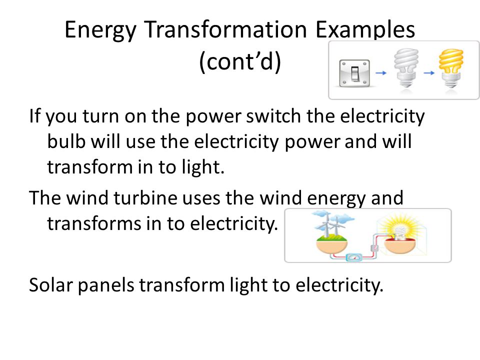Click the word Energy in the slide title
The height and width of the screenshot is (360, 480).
point(100,30)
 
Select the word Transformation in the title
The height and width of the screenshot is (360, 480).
point(225,29)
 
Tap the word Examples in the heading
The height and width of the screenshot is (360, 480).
point(365,30)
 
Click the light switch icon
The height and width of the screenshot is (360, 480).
point(354,73)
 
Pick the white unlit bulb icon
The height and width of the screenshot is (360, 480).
point(406,68)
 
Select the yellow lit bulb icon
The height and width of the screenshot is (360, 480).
point(451,68)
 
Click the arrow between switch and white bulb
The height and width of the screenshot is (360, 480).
point(381,73)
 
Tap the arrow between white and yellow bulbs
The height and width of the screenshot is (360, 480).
point(429,73)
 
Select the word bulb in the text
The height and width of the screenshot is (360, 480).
point(66,141)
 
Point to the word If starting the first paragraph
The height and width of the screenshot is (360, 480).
point(34,116)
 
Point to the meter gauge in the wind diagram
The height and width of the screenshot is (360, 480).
point(354,257)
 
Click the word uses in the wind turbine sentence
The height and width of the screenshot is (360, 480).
point(201,198)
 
